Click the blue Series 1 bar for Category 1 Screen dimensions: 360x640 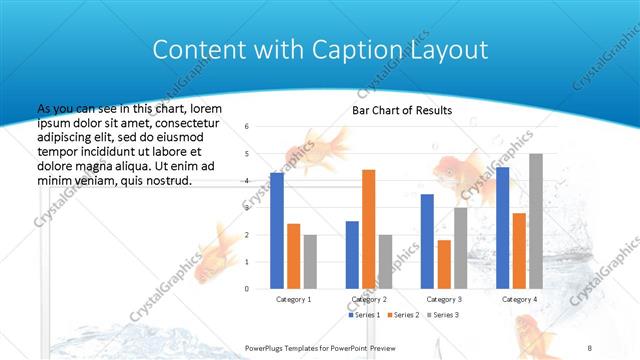(277, 231)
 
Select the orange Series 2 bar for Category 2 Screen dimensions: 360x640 (368, 229)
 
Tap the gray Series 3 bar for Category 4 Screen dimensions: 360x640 (536, 221)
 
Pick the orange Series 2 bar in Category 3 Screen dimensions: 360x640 (444, 264)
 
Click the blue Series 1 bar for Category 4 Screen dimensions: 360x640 (502, 228)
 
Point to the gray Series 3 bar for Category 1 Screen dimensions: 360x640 (310, 262)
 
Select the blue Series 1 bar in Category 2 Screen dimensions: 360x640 (352, 255)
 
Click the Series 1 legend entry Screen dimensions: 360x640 (365, 315)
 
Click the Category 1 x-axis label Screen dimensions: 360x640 (293, 299)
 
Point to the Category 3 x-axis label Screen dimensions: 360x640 (444, 299)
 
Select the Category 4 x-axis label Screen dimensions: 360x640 (519, 299)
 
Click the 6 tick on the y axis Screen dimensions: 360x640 (246, 127)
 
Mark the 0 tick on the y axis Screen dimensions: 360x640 (246, 289)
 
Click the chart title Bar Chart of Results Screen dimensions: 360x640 (402, 110)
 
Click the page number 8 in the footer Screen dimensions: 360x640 (590, 346)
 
